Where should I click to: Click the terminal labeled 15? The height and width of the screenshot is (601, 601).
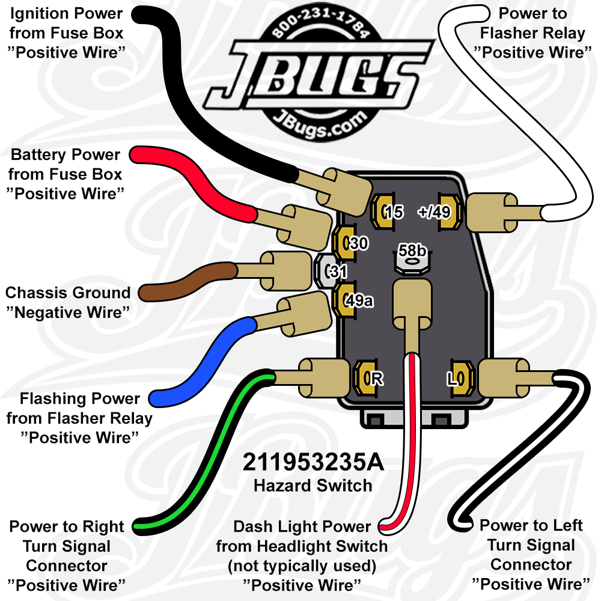coord(382,211)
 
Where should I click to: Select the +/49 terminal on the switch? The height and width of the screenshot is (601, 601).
coord(450,212)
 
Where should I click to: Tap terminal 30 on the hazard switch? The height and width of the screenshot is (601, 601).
coord(347,243)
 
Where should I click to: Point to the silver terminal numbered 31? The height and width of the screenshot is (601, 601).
coord(328,272)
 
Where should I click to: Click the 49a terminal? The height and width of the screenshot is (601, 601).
coord(347,299)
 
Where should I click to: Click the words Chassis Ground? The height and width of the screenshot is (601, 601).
coord(68,293)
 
